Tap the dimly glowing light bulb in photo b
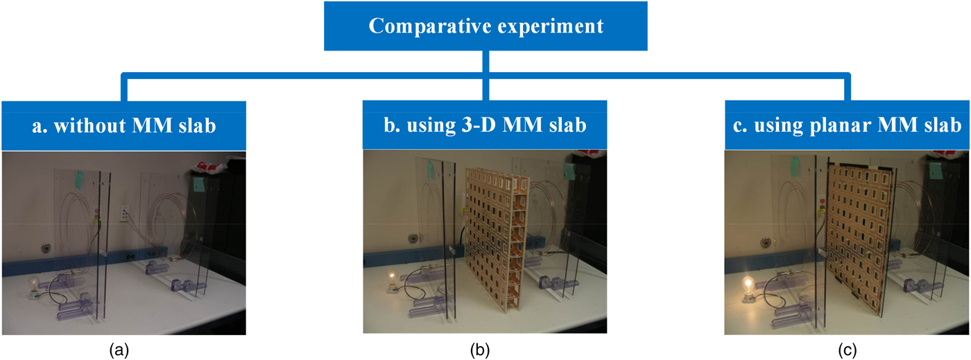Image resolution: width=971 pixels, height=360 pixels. (393, 282)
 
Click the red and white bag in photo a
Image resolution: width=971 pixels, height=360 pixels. (212, 169)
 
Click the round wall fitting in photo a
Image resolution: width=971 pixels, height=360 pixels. (46, 246)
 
